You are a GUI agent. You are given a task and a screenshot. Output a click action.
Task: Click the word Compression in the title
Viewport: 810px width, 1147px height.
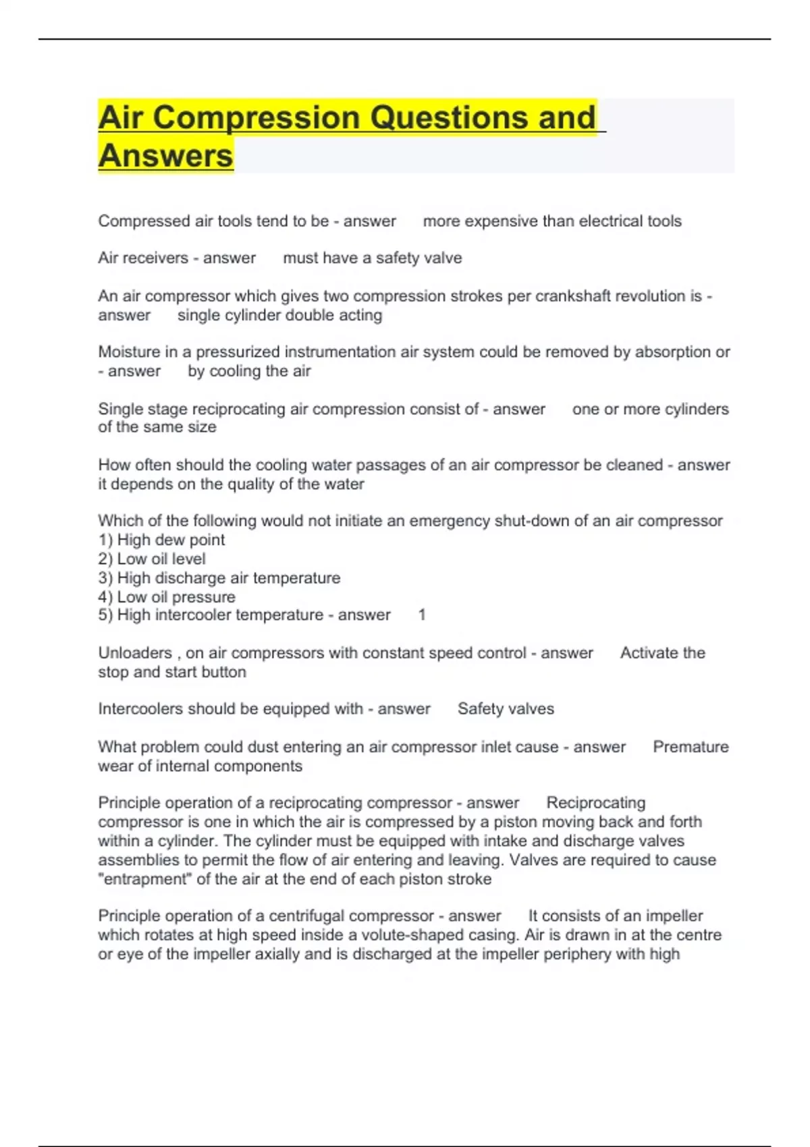click(x=256, y=117)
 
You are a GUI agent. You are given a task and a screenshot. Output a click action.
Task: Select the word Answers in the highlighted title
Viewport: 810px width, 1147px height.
click(x=165, y=156)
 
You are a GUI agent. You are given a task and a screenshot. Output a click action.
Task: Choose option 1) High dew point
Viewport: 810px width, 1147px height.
click(x=161, y=540)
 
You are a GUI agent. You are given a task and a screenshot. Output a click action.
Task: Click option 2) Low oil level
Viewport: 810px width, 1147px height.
click(x=152, y=559)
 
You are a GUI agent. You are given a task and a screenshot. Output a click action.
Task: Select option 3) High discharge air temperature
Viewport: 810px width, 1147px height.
click(x=219, y=578)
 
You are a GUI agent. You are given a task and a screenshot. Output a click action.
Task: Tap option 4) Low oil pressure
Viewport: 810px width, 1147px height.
click(x=167, y=596)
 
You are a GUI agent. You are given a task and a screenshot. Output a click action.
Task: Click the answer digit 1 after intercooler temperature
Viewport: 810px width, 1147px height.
click(x=422, y=615)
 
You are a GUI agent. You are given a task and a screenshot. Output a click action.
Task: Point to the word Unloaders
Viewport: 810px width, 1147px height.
click(x=135, y=652)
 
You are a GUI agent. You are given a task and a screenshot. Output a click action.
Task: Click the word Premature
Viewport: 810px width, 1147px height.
click(x=691, y=747)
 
